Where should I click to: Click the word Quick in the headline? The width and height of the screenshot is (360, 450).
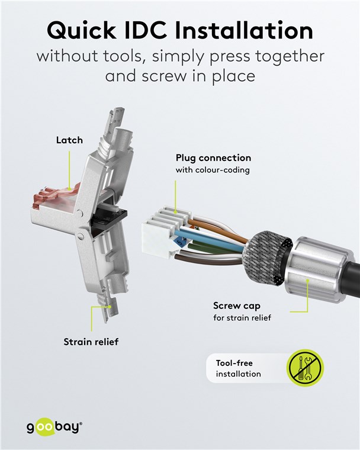point(82,30)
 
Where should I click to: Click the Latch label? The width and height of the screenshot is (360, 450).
point(69,140)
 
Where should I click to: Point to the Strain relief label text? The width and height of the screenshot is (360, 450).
point(91,342)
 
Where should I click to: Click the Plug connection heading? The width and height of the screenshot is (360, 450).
point(213,158)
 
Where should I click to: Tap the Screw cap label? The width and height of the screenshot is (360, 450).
point(237,306)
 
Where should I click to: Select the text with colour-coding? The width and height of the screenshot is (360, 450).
point(213,170)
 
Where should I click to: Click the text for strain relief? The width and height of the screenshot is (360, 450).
point(242,318)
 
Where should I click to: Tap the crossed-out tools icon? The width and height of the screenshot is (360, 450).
point(305,368)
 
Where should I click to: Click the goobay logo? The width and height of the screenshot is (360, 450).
point(54,427)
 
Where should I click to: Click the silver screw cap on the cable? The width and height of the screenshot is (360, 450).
point(315,269)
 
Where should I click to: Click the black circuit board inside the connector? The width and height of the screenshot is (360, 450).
point(111,220)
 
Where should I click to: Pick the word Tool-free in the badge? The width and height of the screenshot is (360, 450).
point(234,363)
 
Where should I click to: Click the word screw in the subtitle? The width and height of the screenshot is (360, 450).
point(163,77)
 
